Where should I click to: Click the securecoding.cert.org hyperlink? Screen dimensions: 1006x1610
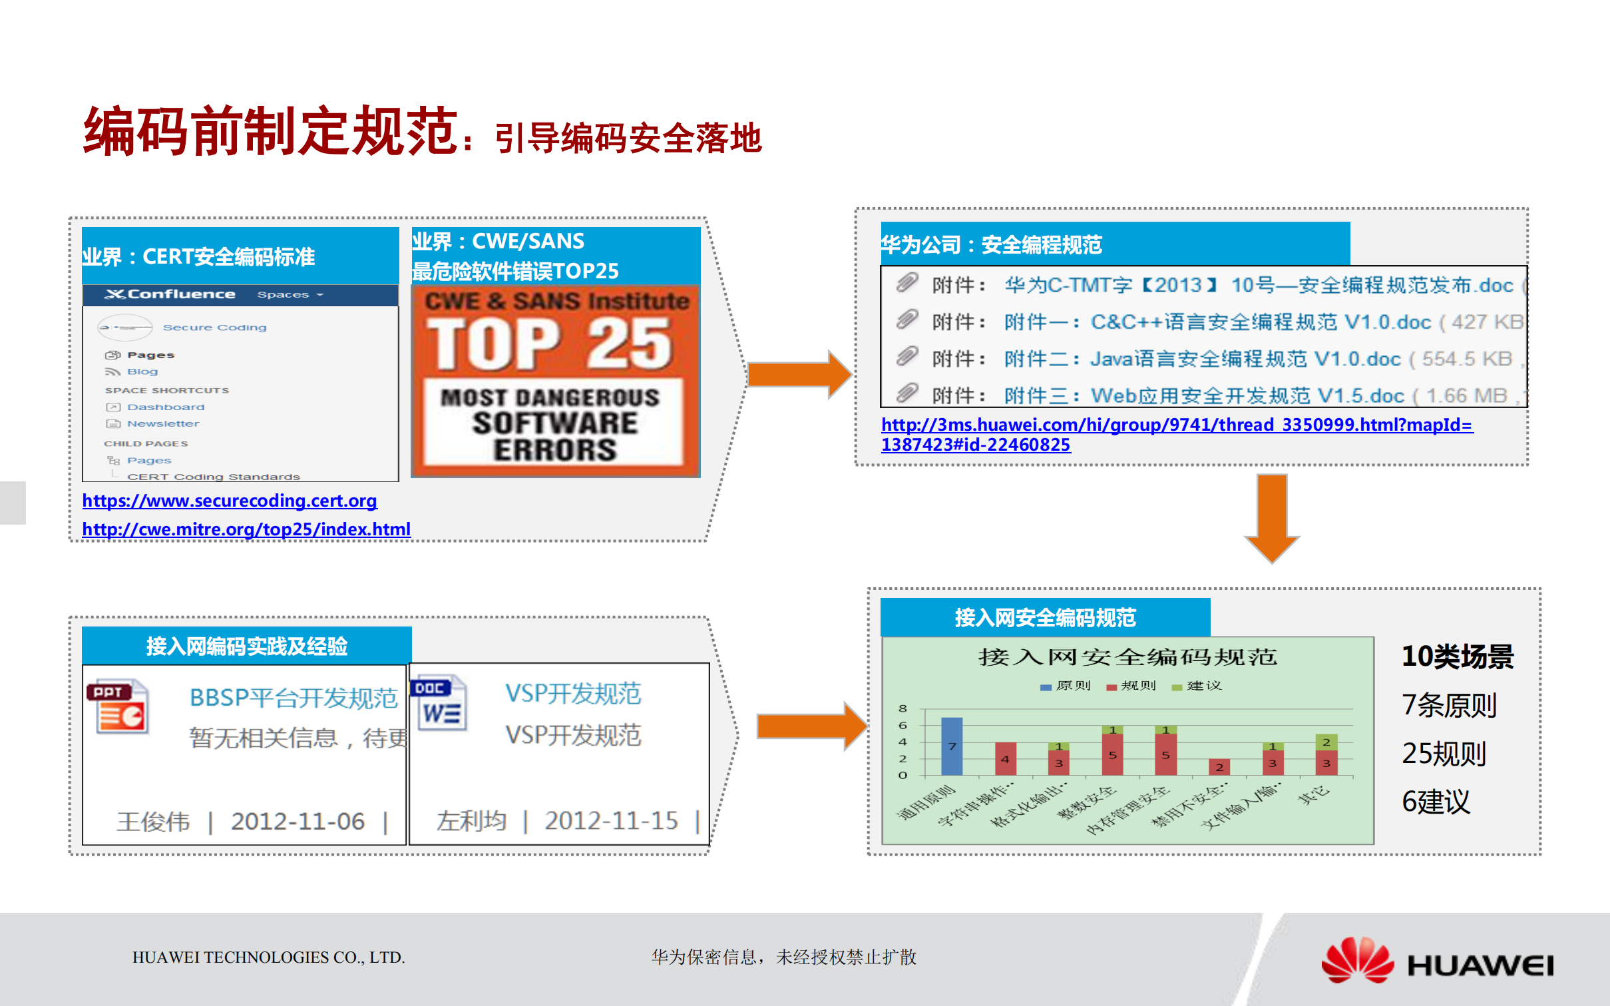pos(230,501)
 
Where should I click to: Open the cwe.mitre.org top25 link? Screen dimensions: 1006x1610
pos(246,529)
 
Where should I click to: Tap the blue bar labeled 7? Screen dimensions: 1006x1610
pos(952,746)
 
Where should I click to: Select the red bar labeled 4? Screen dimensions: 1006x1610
pos(1005,758)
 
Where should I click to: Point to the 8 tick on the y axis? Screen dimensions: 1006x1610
pos(903,708)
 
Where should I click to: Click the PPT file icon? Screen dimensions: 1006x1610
pos(118,707)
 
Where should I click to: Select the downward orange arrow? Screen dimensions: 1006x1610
pos(1272,518)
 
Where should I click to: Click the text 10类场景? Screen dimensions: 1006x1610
pos(1458,656)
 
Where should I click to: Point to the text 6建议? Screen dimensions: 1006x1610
pos(1436,802)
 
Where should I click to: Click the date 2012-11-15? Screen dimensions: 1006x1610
pos(611,821)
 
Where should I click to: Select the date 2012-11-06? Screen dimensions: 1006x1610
pos(298,822)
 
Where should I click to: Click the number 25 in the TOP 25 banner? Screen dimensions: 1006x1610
pos(629,344)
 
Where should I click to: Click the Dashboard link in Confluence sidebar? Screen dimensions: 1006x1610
pos(166,407)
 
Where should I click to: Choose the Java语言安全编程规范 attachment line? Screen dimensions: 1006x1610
pos(1245,360)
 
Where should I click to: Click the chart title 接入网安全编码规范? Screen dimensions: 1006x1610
pos(1127,657)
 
